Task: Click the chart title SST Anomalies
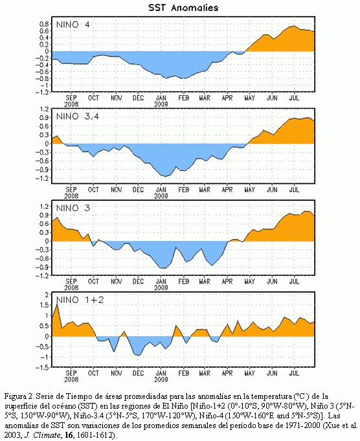tap(183, 8)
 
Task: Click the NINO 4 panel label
tap(73, 25)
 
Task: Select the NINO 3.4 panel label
tap(78, 117)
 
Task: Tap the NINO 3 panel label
tap(73, 209)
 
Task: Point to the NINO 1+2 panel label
tap(80, 300)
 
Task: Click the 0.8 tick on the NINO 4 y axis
tap(44, 24)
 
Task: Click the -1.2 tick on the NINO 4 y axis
tap(42, 92)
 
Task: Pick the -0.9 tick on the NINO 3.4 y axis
tap(42, 170)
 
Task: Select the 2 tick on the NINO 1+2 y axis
tap(47, 294)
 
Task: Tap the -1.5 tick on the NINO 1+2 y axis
tap(42, 367)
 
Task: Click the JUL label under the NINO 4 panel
tap(294, 98)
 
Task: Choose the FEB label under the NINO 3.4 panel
tap(183, 190)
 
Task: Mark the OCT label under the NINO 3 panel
tap(93, 282)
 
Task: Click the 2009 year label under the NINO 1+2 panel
tap(161, 379)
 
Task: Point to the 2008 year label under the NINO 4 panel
tap(71, 104)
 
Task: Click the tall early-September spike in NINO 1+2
tap(58, 305)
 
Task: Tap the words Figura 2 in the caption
tap(19, 397)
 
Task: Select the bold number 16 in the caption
tap(69, 435)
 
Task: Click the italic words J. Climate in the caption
tap(43, 435)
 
